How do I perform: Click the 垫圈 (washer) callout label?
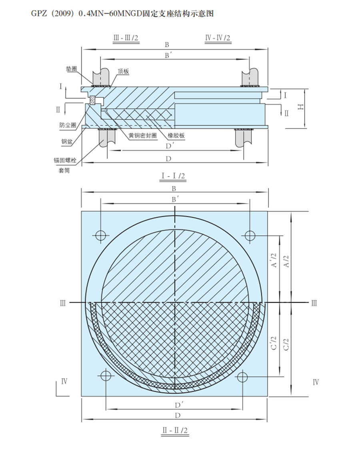coord(72,69)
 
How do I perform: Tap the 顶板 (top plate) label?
coord(123,72)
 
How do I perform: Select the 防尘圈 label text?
coord(68,125)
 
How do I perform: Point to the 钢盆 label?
coord(67,142)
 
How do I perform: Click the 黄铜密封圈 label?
coord(142,135)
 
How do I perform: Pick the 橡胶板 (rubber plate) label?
coord(176,135)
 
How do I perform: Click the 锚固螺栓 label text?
coord(65,160)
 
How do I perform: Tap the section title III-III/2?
coord(126,38)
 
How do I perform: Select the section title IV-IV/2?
coord(218,38)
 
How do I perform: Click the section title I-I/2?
coord(173,176)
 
